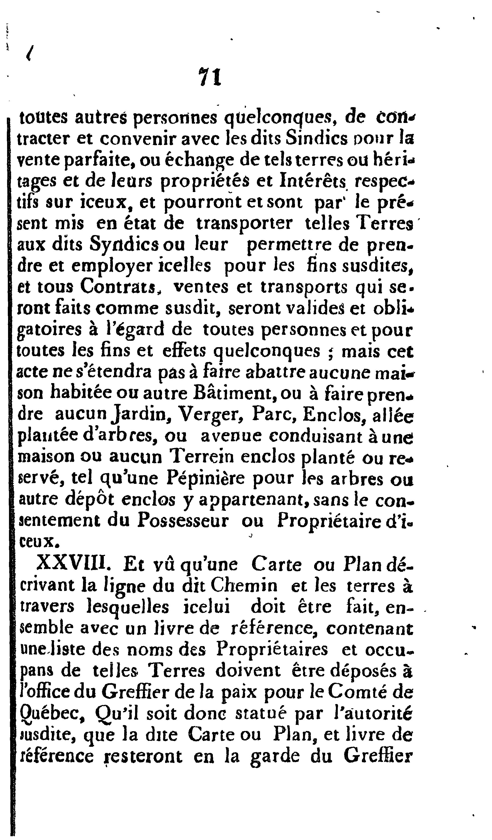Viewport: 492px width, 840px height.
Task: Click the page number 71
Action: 210,77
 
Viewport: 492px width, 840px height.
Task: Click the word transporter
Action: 245,224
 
